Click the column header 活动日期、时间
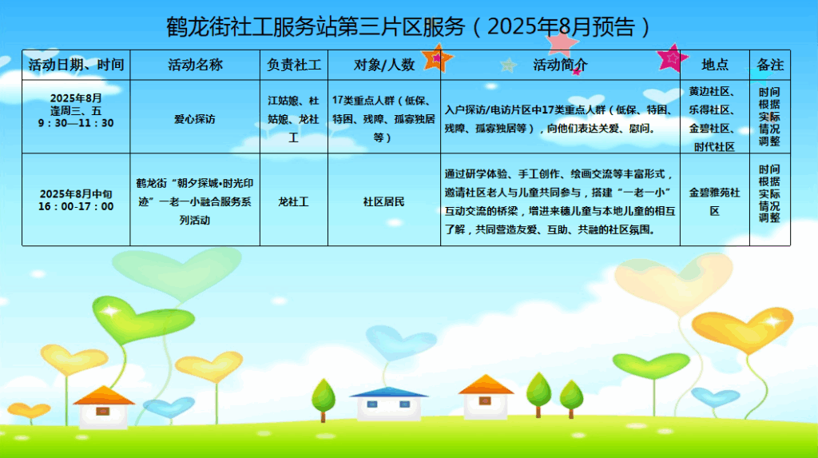(x=76, y=65)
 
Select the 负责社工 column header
(x=294, y=65)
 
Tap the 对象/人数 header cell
(x=384, y=65)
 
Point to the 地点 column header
(x=715, y=65)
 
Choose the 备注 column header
(x=770, y=65)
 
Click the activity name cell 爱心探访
(x=195, y=119)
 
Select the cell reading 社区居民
(x=384, y=201)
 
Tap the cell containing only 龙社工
(x=294, y=201)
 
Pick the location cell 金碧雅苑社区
(x=715, y=201)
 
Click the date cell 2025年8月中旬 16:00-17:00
(x=76, y=200)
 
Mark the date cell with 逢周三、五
(x=76, y=111)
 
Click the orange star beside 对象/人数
(x=437, y=58)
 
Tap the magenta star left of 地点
(x=671, y=58)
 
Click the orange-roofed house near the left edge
(x=104, y=407)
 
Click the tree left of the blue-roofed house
(x=324, y=400)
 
